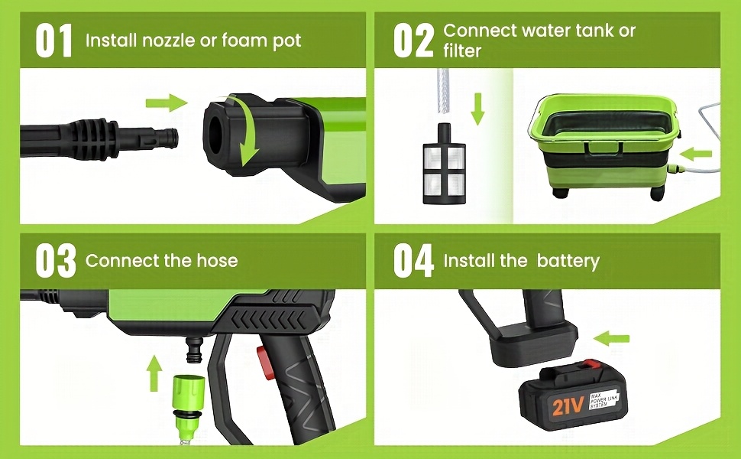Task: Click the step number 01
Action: (x=54, y=41)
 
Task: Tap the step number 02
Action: (x=413, y=41)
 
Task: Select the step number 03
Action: (x=55, y=260)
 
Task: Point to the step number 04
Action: (x=413, y=260)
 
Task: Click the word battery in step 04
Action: (x=568, y=261)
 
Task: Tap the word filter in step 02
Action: (x=462, y=50)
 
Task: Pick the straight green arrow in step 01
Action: (x=167, y=103)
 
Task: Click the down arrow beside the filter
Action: (x=478, y=109)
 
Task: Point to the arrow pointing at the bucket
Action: (x=695, y=154)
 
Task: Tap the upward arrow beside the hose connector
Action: (x=154, y=374)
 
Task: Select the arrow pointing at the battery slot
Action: (x=611, y=338)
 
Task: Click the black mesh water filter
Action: (x=444, y=164)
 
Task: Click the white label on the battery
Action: (x=603, y=401)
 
